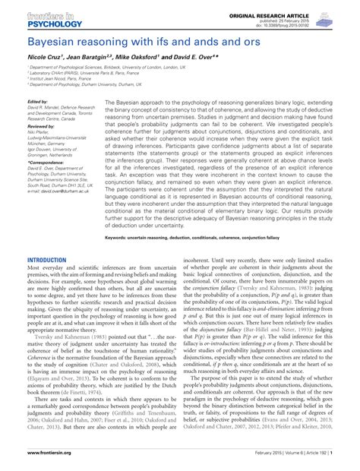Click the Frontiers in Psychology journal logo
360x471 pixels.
pos(36,16)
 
